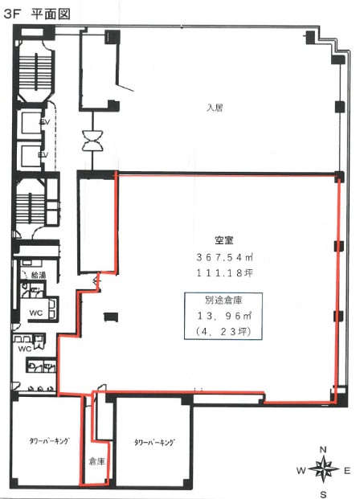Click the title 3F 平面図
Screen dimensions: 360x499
[x=37, y=14]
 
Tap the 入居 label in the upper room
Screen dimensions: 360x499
[x=215, y=108]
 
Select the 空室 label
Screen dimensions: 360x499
[x=224, y=240]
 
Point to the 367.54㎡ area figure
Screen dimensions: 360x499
[x=224, y=257]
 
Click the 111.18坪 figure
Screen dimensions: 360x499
[x=224, y=272]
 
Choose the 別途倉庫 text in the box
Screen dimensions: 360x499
[x=223, y=300]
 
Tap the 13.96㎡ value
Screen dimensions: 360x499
[x=224, y=316]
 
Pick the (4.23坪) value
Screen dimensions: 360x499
[x=223, y=332]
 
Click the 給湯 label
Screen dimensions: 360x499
[x=39, y=275]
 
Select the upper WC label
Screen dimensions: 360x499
[x=36, y=313]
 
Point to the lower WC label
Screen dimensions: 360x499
[x=25, y=349]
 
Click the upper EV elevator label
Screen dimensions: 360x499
[x=44, y=122]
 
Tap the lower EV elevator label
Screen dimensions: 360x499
[x=43, y=154]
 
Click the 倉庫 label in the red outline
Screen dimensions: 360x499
[x=96, y=461]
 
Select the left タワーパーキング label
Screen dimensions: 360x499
[x=49, y=441]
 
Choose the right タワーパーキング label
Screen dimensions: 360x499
[x=154, y=443]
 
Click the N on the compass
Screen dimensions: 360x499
[x=323, y=450]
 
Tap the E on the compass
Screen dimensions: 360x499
[x=347, y=471]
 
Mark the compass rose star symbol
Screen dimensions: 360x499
[x=323, y=470]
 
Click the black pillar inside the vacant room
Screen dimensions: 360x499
[x=111, y=317]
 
